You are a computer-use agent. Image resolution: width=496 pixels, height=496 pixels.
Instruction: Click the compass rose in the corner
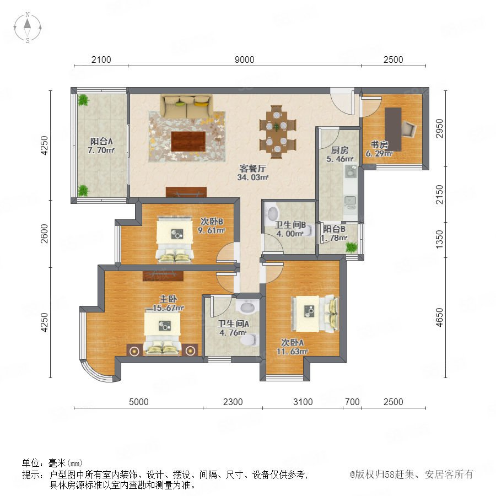(28, 28)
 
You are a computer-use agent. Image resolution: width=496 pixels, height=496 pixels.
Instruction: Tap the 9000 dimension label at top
(245, 60)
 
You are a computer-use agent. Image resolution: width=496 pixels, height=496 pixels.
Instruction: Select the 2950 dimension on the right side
(439, 128)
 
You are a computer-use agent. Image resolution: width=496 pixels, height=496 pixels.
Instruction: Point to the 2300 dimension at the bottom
(233, 402)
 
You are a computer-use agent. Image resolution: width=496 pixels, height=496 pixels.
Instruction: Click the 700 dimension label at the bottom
(352, 402)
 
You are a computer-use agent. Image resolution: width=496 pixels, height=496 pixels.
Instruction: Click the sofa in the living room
(186, 106)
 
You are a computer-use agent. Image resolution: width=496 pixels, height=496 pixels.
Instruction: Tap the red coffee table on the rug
(188, 142)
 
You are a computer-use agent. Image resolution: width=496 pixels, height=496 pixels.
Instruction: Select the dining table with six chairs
(277, 132)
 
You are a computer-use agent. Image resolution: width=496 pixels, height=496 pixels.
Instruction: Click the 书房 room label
(379, 144)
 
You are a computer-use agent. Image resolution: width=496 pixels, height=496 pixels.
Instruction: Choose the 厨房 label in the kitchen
(339, 150)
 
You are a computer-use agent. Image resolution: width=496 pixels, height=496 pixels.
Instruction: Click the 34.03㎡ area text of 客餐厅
(253, 177)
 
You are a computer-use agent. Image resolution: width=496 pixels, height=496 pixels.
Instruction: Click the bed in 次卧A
(315, 314)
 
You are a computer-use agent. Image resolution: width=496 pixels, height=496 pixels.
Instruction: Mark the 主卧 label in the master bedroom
(168, 299)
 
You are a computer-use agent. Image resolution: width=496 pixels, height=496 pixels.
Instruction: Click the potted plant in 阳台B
(351, 247)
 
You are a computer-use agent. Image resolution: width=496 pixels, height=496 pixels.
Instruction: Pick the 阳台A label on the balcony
(101, 141)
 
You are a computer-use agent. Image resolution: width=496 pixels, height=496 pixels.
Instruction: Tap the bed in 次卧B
(175, 240)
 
